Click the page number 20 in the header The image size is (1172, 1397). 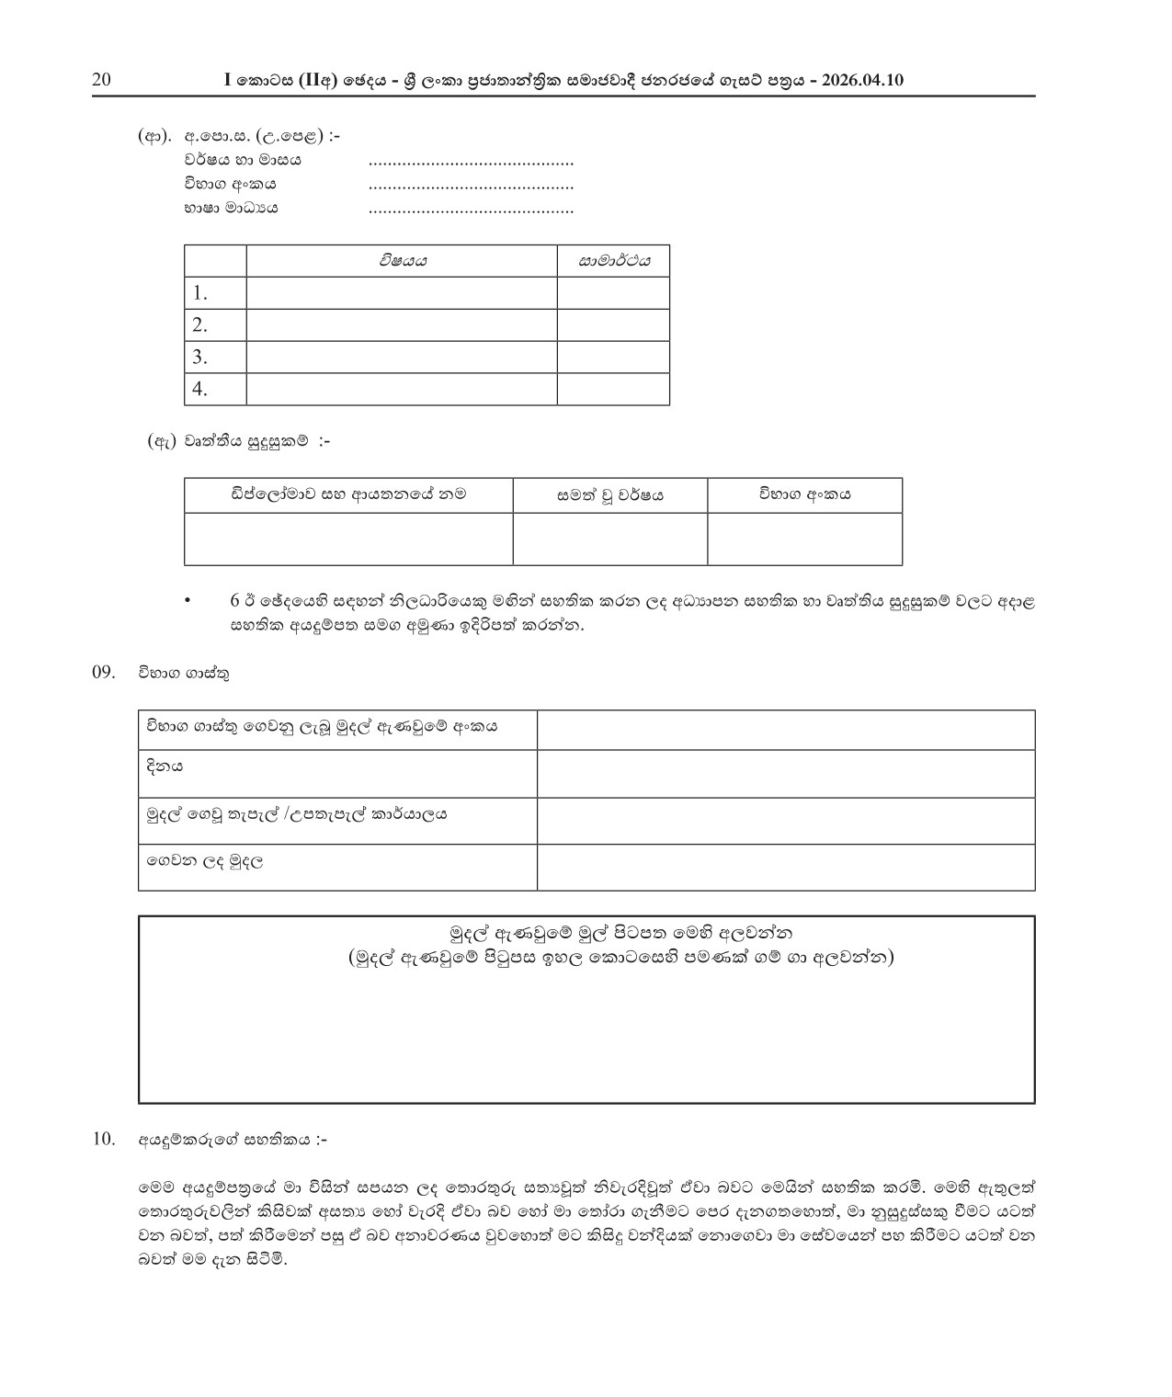coord(101,80)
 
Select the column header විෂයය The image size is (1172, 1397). coord(402,261)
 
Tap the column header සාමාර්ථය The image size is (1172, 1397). coord(613,261)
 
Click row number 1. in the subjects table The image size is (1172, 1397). coord(199,293)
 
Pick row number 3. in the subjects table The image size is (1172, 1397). coord(199,357)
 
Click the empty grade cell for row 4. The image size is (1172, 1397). coord(613,389)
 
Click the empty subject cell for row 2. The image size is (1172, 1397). coord(402,324)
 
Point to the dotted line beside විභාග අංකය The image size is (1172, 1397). coord(471,187)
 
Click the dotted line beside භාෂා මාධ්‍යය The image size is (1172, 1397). coord(471,210)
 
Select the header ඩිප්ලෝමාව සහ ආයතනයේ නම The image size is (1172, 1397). coord(348,494)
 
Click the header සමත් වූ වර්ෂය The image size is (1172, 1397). coord(610,496)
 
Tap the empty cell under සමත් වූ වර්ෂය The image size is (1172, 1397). coord(610,539)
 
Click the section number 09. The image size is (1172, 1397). coord(103,672)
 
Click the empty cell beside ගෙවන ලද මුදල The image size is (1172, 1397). coord(786,867)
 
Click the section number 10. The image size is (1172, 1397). coord(103,1140)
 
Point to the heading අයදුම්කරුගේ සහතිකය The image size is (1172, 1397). coord(232,1141)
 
